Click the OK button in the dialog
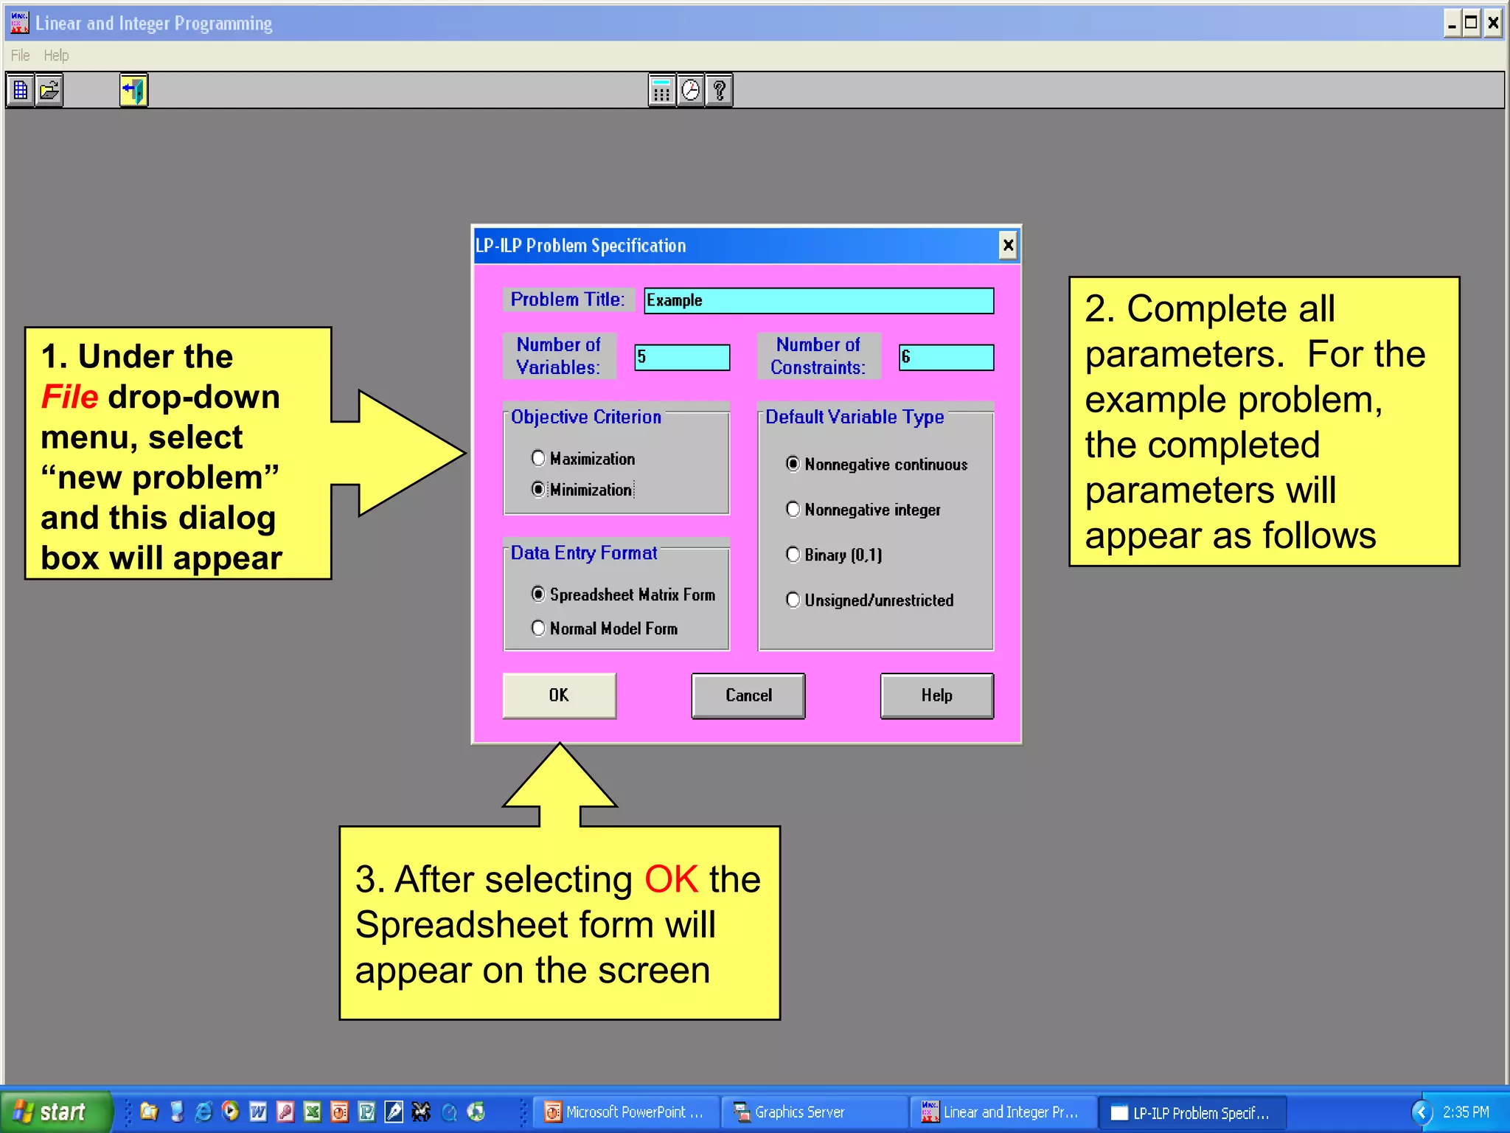coord(559,696)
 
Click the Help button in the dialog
coord(936,696)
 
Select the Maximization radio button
coord(538,459)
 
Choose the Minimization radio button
coord(538,490)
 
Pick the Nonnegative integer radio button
coord(793,510)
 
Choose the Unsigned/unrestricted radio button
coord(793,600)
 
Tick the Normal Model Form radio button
coord(538,628)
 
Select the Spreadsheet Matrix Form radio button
coord(538,595)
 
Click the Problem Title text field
coord(818,301)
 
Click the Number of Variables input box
coord(682,358)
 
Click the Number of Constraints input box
coord(946,358)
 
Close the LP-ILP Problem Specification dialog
coord(1008,245)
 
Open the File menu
coord(20,55)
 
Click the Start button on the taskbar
coord(55,1112)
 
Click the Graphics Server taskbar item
coord(799,1112)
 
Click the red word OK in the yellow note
coord(671,880)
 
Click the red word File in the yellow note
coord(69,397)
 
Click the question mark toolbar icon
coord(720,91)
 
